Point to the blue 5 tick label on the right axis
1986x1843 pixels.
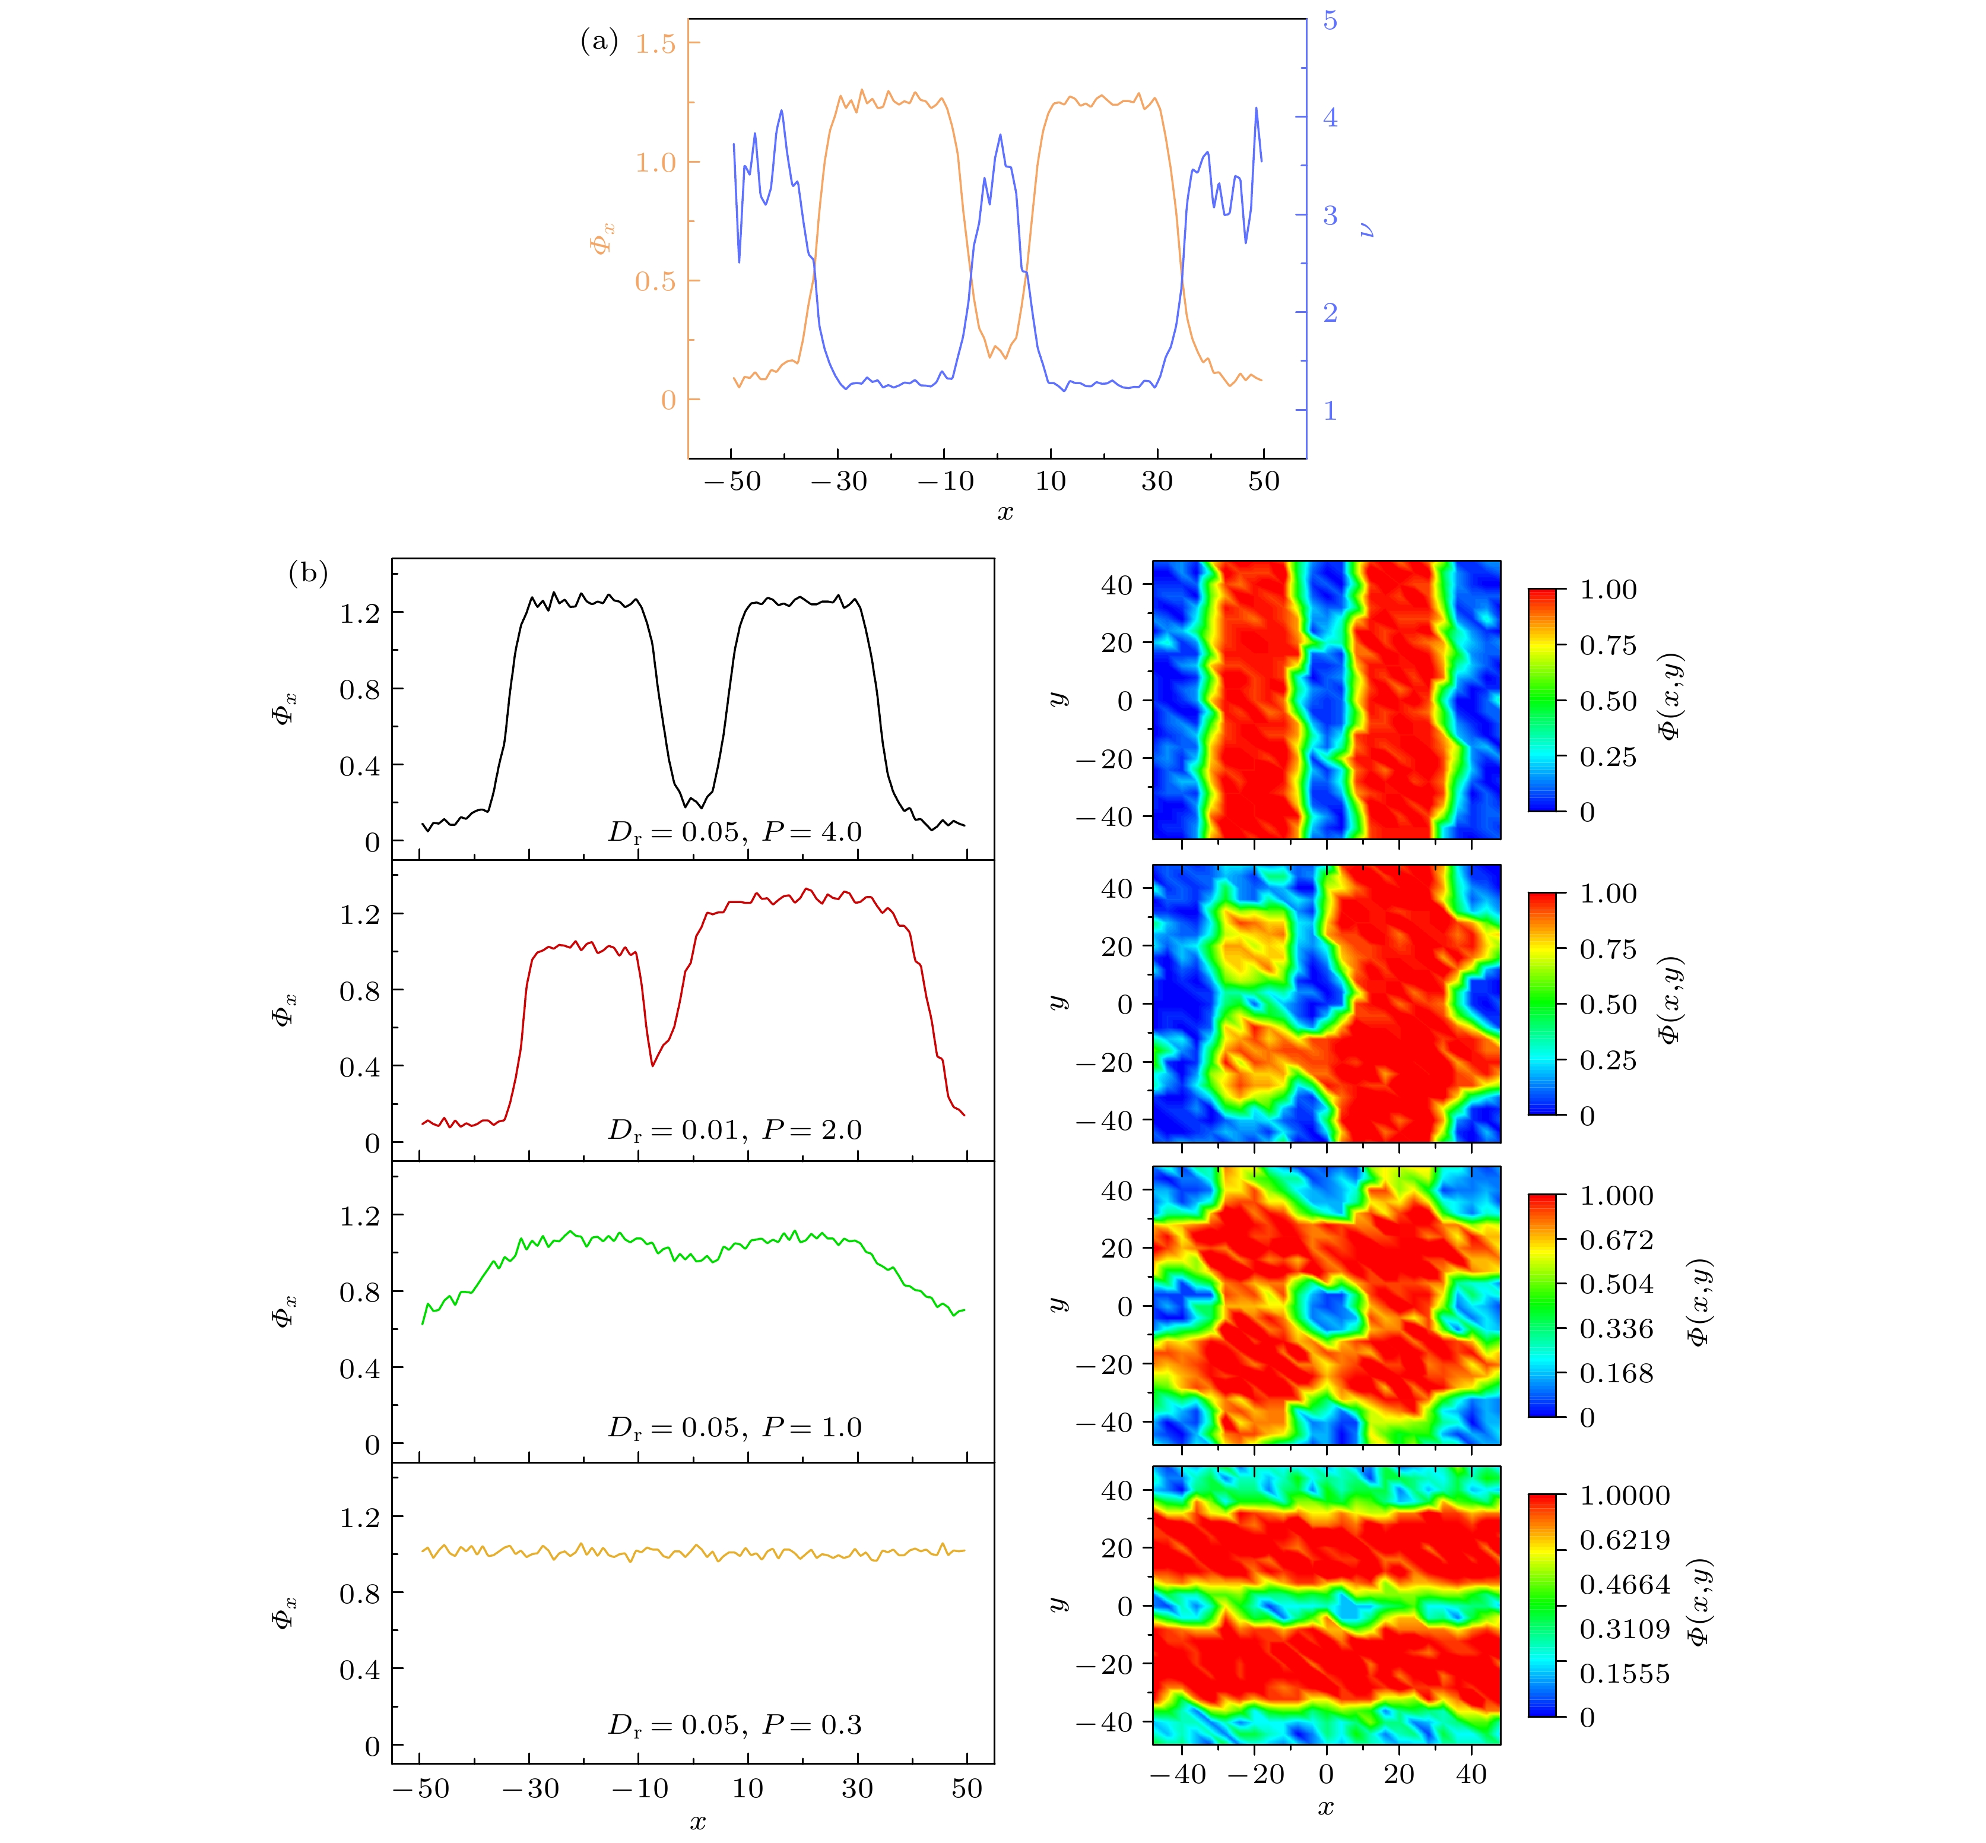[x=1330, y=21]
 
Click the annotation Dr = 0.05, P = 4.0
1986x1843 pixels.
[x=735, y=832]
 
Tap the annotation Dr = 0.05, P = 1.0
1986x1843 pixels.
[x=735, y=1427]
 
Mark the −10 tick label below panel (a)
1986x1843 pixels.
[x=944, y=482]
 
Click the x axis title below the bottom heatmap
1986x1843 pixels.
[x=1325, y=1807]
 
